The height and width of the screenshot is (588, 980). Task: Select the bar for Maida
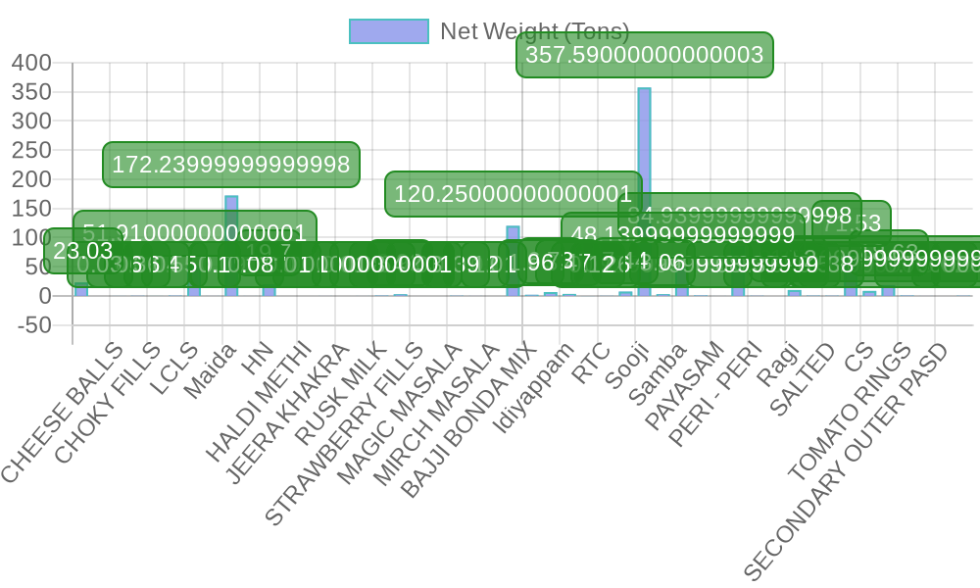coord(231,245)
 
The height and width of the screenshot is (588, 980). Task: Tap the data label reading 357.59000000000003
coord(644,55)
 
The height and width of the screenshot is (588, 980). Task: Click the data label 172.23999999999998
coord(231,165)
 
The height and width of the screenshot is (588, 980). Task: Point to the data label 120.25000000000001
coord(513,194)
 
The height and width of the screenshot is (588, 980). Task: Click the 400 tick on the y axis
coord(31,63)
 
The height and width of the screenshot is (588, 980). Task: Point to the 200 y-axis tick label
coord(31,179)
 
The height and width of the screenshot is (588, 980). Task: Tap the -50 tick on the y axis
coord(33,324)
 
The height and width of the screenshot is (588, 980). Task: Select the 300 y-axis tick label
coord(31,122)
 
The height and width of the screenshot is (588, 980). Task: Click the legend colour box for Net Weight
coord(388,31)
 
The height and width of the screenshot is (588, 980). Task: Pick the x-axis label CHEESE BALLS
coord(65,411)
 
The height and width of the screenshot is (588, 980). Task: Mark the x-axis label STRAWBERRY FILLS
coord(346,433)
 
